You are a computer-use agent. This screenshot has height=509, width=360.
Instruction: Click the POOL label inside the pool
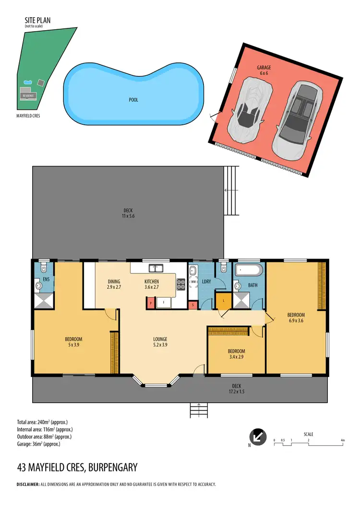tap(133, 100)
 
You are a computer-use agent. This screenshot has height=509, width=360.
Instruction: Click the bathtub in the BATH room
tap(249, 270)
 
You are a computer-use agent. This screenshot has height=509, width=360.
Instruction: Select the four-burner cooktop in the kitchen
tap(181, 284)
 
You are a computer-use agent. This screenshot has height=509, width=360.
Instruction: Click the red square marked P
tap(150, 303)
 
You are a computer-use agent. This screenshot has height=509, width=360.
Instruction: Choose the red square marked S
tap(193, 305)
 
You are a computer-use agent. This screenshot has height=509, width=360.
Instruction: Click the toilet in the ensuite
tap(43, 268)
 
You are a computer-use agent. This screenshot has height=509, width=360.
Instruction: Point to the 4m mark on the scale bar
tap(342, 440)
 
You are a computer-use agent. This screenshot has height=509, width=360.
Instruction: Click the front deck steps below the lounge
tap(199, 410)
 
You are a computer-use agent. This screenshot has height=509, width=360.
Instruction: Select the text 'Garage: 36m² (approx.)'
tap(38, 444)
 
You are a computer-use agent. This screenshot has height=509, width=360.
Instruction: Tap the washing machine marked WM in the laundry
tap(193, 282)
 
